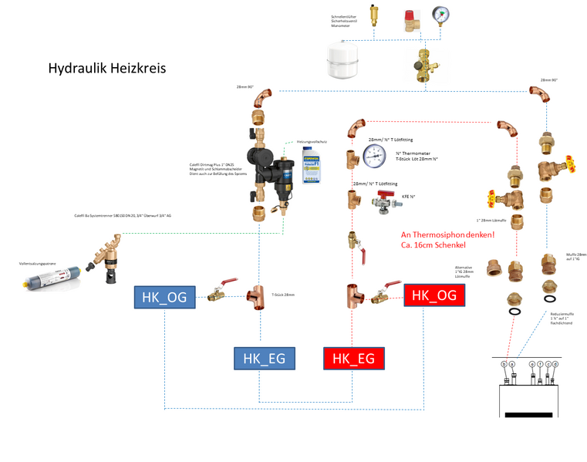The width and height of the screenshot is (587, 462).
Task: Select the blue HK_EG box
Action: pos(265,358)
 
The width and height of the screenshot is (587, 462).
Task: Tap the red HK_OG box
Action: pos(434,295)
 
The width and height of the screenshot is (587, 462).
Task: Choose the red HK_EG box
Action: pos(353,358)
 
